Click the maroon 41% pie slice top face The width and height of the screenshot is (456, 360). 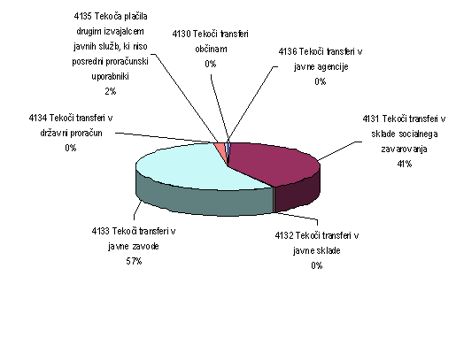click(274, 164)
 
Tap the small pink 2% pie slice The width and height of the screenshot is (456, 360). click(221, 150)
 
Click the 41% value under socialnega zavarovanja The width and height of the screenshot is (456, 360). click(405, 164)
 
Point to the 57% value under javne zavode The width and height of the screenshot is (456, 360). click(134, 261)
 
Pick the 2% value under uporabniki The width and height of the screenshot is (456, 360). click(111, 91)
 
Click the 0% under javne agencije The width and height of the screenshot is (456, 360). click(321, 81)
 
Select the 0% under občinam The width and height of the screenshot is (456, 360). click(211, 64)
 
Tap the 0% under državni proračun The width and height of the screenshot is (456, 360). click(71, 148)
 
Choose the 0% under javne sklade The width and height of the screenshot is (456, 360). click(317, 265)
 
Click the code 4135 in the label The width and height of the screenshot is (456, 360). click(82, 16)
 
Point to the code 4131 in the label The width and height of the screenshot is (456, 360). click(371, 119)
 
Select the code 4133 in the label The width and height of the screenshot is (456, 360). click(100, 231)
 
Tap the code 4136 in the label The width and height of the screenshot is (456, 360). click(288, 52)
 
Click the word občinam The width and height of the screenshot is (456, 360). click(211, 49)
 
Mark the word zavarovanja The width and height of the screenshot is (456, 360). click(404, 149)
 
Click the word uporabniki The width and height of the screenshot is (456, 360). click(110, 77)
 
